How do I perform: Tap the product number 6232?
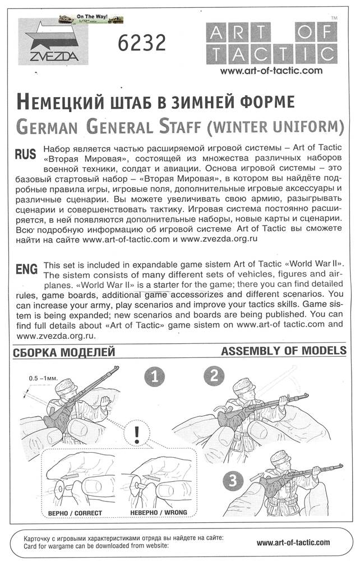pyautogui.click(x=142, y=42)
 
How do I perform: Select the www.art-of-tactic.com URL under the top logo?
pyautogui.click(x=271, y=71)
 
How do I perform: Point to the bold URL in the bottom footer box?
pyautogui.click(x=293, y=542)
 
